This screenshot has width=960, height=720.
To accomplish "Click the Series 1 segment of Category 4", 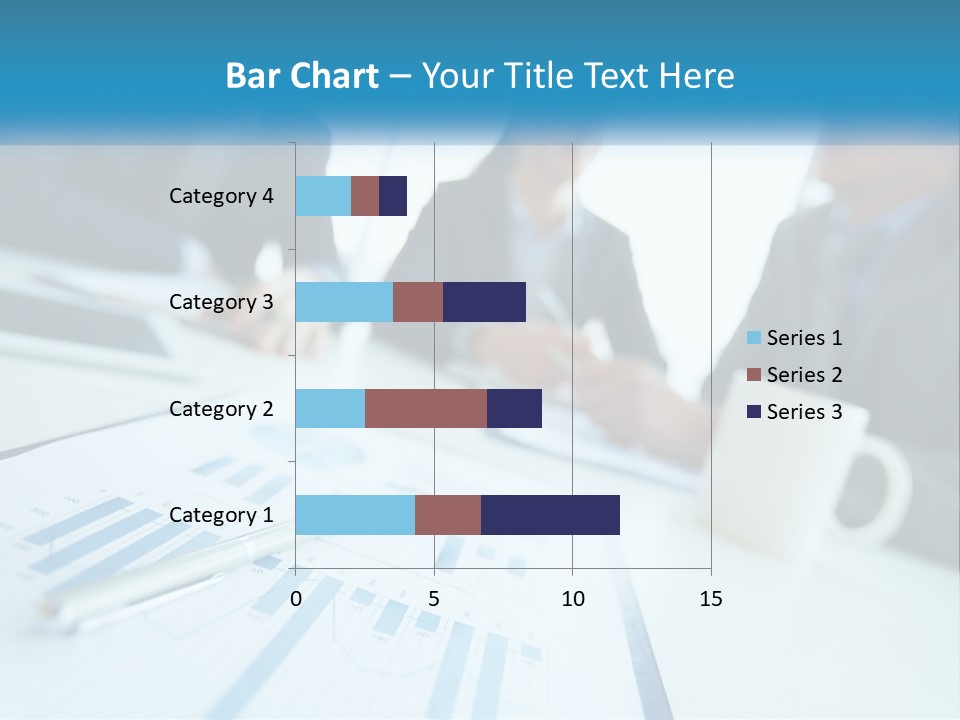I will point(323,196).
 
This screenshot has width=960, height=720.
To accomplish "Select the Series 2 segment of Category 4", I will point(365,196).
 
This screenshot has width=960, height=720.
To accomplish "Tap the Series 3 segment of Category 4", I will point(393,196).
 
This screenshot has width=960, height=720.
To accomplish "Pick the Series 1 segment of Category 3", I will point(344,302).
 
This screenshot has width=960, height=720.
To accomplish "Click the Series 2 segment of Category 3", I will point(418,302).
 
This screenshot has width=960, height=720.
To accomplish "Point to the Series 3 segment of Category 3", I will point(484,302).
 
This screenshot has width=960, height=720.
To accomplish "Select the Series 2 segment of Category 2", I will point(426,408).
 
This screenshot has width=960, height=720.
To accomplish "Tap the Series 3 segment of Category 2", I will point(514,408).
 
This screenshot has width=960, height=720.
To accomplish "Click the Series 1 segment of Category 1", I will point(355,515).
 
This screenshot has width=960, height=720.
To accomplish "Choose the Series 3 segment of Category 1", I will point(550,515).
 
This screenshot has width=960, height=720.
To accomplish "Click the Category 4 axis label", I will point(221,196).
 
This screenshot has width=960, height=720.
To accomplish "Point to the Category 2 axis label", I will point(221,409).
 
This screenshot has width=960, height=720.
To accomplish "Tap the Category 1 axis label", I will point(221,515).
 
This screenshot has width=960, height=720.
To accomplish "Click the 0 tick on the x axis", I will point(296,599).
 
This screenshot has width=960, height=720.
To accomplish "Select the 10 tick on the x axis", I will point(572,599).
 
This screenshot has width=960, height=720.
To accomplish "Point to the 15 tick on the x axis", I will point(711,599).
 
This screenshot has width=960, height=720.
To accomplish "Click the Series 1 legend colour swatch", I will point(753,338).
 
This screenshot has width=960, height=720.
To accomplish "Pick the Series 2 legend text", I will point(804,375).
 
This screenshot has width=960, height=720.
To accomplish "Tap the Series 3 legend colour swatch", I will point(753,412).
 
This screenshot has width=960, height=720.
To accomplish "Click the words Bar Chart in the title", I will point(302,76).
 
